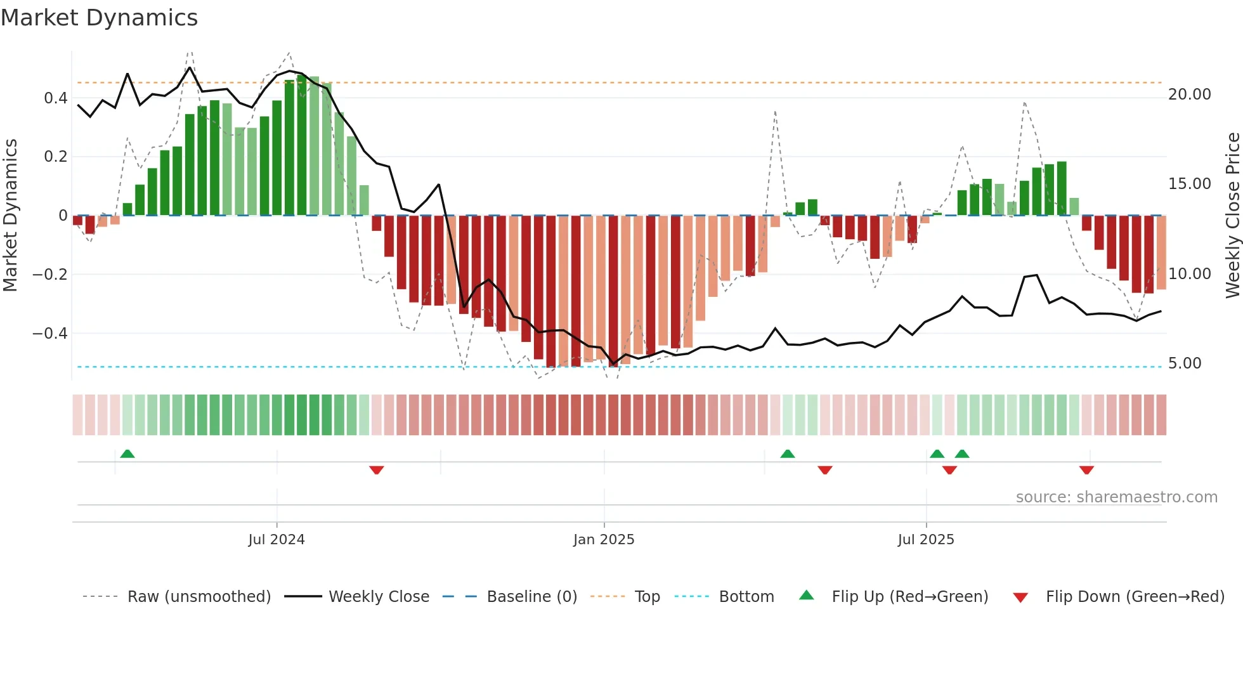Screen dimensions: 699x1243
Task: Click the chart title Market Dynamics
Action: click(x=99, y=18)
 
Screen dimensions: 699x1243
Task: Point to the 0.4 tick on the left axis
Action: click(x=55, y=98)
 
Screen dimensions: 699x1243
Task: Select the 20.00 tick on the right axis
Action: click(x=1189, y=95)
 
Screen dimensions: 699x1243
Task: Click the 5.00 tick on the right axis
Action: click(x=1184, y=363)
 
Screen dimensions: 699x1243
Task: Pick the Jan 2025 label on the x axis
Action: click(x=603, y=540)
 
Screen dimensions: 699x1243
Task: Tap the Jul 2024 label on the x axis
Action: click(x=276, y=540)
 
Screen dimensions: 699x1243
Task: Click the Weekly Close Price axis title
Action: click(x=1232, y=216)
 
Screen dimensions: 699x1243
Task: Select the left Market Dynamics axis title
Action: click(x=10, y=216)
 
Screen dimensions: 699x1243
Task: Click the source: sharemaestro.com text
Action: click(x=1116, y=497)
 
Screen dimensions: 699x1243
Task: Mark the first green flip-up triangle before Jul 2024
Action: click(x=127, y=454)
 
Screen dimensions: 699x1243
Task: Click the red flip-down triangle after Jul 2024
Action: click(x=376, y=470)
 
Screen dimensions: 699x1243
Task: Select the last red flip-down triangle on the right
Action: click(x=1086, y=470)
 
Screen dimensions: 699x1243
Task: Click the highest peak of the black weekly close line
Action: click(x=190, y=67)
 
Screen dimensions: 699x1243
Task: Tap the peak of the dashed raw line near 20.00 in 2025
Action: click(x=1024, y=102)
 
